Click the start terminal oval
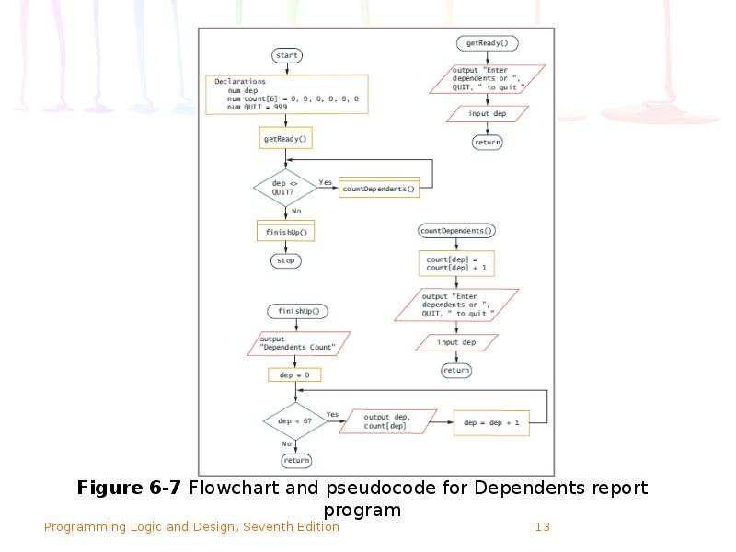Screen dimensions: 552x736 287,55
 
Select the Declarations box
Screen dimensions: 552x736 286,95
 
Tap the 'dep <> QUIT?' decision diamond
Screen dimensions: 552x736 285,188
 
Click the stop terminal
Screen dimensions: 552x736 285,260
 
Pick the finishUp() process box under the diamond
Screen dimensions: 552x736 285,231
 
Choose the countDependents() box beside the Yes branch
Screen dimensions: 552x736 379,189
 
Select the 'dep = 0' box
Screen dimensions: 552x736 294,375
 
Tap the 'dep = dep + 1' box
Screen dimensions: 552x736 491,422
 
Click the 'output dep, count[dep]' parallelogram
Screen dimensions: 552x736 393,421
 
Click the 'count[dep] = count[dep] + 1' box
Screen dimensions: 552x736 456,264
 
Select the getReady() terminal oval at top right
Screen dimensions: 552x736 487,43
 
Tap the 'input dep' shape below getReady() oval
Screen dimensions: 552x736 487,114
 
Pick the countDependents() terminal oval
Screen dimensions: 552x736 456,231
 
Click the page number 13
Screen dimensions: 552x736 542,527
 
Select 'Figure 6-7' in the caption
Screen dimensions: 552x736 131,488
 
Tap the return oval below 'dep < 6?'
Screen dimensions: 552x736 296,460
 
